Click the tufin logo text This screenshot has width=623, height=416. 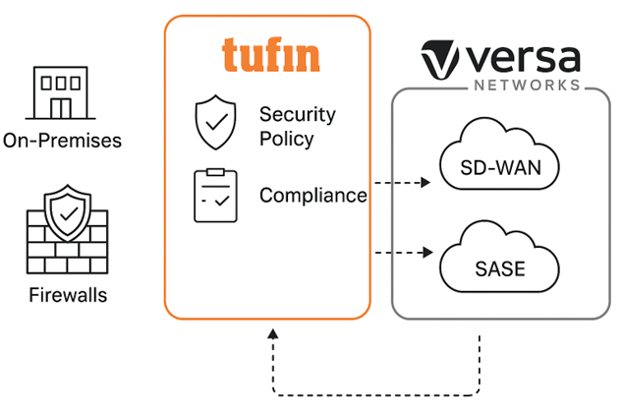[x=270, y=55]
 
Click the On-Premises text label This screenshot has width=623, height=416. [x=62, y=141]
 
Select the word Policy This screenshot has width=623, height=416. [x=286, y=139]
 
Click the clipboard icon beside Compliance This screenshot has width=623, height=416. [x=215, y=195]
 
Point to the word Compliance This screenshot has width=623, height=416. [x=312, y=196]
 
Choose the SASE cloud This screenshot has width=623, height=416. [x=500, y=264]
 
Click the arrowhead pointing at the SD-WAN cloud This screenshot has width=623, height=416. [x=426, y=183]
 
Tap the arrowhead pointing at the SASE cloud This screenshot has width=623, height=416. [x=426, y=253]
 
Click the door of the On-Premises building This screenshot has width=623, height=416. [x=62, y=106]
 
